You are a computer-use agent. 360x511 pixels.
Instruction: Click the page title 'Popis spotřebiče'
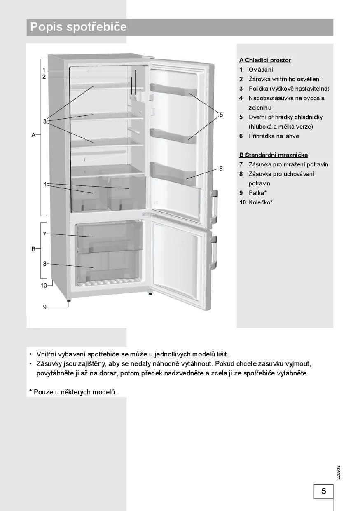[x=79, y=28]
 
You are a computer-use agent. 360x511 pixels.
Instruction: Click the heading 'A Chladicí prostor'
[x=265, y=60]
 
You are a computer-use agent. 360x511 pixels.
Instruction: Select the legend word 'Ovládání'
[x=261, y=70]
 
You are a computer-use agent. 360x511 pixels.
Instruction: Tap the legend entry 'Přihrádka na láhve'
[x=274, y=136]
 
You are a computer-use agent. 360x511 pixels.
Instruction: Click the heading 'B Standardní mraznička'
[x=274, y=155]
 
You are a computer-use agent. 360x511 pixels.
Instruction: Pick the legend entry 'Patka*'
[x=258, y=192]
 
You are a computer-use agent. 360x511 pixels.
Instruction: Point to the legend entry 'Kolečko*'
[x=261, y=202]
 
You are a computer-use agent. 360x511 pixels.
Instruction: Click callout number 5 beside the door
[x=221, y=114]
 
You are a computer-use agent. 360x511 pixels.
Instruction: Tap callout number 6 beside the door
[x=221, y=168]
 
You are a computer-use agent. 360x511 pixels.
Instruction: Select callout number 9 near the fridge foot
[x=44, y=307]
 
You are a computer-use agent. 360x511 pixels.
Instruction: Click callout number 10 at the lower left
[x=44, y=285]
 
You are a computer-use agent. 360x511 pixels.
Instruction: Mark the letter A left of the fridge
[x=34, y=135]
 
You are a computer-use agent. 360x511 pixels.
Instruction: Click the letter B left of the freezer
[x=34, y=249]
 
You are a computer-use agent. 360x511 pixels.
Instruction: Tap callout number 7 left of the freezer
[x=44, y=234]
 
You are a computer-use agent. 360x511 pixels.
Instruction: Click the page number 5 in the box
[x=323, y=491]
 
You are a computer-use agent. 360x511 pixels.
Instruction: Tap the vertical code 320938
[x=338, y=472]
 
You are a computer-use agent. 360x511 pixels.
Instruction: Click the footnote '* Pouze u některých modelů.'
[x=73, y=392]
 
